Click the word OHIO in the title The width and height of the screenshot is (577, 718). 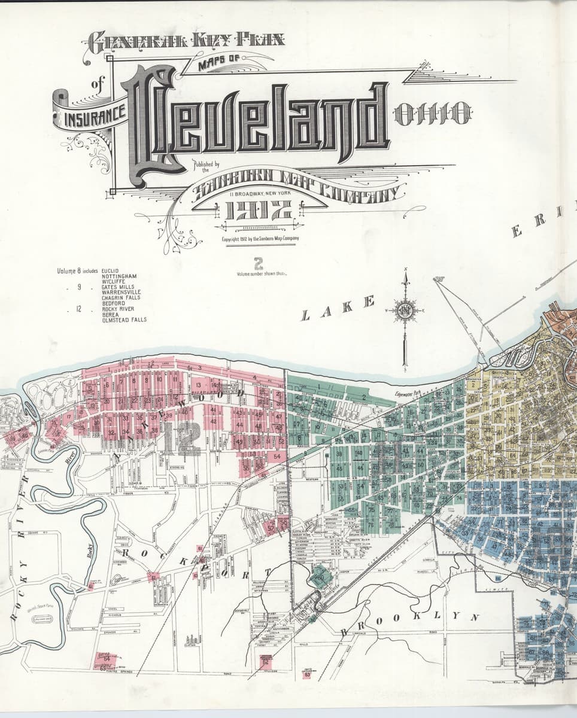coord(433,114)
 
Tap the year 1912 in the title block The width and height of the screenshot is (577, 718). coord(259,210)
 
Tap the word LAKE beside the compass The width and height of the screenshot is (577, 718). coord(338,308)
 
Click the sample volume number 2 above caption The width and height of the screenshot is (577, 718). coord(259,263)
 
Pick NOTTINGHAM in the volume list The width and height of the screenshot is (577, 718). coord(119,276)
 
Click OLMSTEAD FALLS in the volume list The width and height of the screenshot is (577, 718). coord(124,320)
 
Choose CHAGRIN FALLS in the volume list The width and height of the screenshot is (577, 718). coord(121,297)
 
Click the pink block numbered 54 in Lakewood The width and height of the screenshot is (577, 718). coord(277,456)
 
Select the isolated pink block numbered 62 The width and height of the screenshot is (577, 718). coord(266,661)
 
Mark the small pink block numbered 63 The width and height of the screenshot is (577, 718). coord(308,674)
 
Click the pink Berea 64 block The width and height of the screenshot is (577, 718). coord(103,659)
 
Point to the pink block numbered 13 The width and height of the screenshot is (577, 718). coord(199,385)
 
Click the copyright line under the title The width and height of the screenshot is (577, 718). coord(260,238)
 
